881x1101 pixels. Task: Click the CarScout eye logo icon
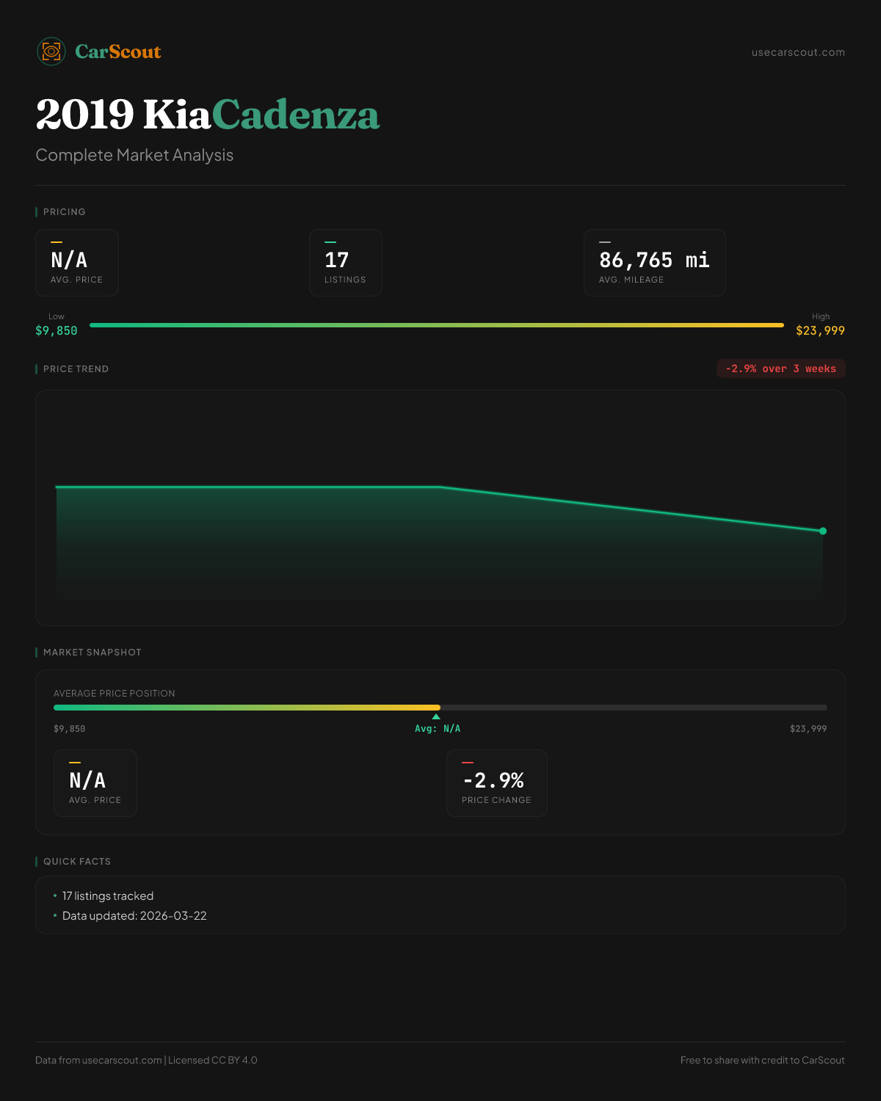(51, 51)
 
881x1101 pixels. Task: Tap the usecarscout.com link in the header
(798, 52)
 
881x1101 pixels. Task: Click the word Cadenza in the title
(296, 115)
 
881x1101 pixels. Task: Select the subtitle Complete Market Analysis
(134, 155)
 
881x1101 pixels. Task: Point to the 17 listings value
(337, 260)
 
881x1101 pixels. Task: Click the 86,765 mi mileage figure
(654, 260)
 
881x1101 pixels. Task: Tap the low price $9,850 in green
(57, 330)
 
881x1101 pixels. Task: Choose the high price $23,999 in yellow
(820, 330)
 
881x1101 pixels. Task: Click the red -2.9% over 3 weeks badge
(780, 368)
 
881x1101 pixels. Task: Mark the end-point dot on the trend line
(823, 531)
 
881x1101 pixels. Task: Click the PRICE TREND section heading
(76, 369)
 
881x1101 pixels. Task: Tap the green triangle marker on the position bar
(436, 716)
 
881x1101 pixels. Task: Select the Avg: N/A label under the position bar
(438, 729)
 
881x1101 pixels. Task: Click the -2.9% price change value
(493, 780)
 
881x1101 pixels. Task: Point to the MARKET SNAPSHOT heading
(92, 653)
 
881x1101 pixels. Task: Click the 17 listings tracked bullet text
(108, 896)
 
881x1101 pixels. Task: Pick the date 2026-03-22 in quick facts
(173, 916)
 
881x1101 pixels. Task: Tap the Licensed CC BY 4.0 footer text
(213, 1060)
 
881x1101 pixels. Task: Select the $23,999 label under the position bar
(808, 729)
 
